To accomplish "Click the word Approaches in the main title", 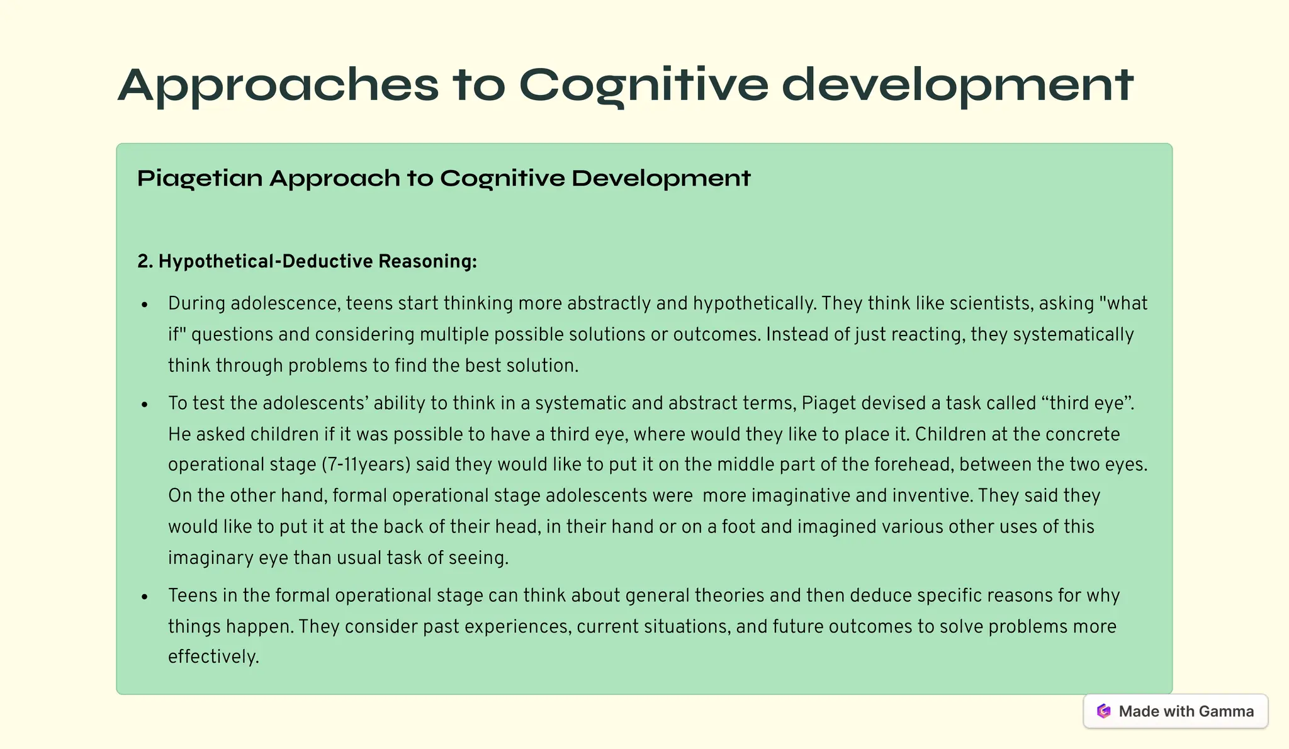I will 278,86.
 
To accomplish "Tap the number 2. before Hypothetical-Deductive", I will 145,261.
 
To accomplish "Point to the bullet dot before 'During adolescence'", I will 145,305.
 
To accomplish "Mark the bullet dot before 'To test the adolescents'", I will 145,405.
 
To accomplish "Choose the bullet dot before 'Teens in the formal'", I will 145,597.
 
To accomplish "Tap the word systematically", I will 1073,334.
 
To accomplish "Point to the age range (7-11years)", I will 366,465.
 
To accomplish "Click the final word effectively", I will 213,656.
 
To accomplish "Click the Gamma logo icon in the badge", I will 1103,711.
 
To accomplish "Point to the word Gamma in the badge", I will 1226,711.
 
